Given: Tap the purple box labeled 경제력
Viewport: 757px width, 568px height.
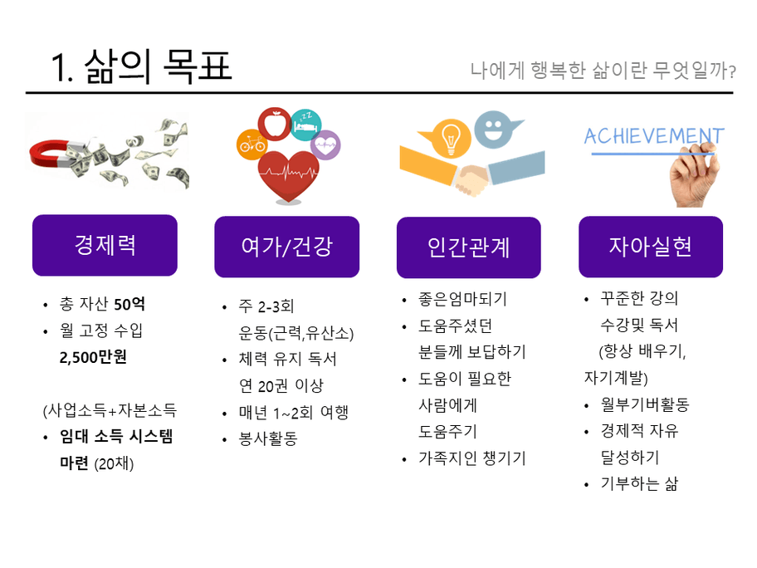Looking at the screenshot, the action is pyautogui.click(x=105, y=245).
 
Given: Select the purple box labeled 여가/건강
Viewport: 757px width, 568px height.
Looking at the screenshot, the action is pyautogui.click(x=286, y=247).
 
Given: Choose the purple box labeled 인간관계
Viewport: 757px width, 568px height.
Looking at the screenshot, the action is pyautogui.click(x=469, y=247).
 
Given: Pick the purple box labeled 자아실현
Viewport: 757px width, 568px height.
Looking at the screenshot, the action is pyautogui.click(x=651, y=247).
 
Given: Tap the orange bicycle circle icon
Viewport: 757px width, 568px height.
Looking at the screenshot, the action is pyautogui.click(x=252, y=144).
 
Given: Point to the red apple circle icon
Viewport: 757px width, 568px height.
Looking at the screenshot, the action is pyautogui.click(x=275, y=124).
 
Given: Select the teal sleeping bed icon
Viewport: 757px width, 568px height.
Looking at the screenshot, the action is pyautogui.click(x=306, y=125).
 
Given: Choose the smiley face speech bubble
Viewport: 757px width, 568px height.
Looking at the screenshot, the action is pyautogui.click(x=496, y=130).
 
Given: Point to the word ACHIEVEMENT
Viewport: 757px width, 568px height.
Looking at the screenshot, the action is pyautogui.click(x=654, y=136).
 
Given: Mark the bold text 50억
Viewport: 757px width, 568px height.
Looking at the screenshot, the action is pyautogui.click(x=129, y=304).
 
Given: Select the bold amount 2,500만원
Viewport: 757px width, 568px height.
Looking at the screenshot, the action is pyautogui.click(x=93, y=357).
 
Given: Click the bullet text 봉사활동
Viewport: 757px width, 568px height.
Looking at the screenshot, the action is pyautogui.click(x=268, y=438).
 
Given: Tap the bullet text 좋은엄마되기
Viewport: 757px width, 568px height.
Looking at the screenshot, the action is pyautogui.click(x=462, y=299).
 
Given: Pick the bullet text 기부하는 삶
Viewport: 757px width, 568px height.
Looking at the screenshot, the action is pyautogui.click(x=639, y=483).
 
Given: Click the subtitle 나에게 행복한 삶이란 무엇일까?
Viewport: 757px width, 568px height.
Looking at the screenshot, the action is pyautogui.click(x=603, y=71).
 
